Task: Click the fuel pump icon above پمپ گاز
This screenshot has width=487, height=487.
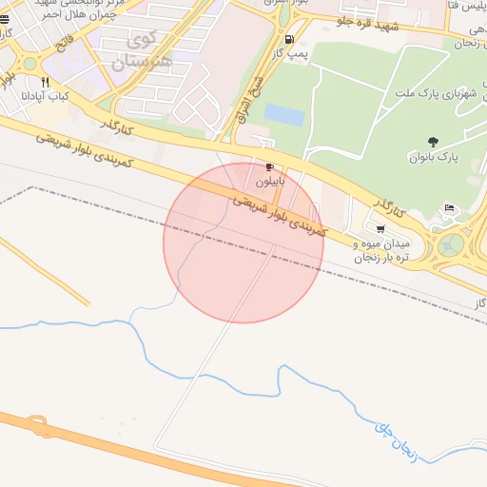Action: coord(289,40)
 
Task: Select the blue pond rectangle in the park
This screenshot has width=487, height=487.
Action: coord(283,115)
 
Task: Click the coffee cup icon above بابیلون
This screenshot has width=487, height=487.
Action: coord(269,166)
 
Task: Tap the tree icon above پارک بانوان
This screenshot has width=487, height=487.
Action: coord(434,142)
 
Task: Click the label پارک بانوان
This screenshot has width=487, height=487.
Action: coord(434,157)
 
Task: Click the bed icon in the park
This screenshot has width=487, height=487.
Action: coord(450,208)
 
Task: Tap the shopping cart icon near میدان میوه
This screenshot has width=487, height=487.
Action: coord(380,228)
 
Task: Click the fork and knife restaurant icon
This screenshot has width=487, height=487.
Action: coord(45,83)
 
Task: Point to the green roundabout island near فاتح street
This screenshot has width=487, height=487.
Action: coord(29,64)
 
